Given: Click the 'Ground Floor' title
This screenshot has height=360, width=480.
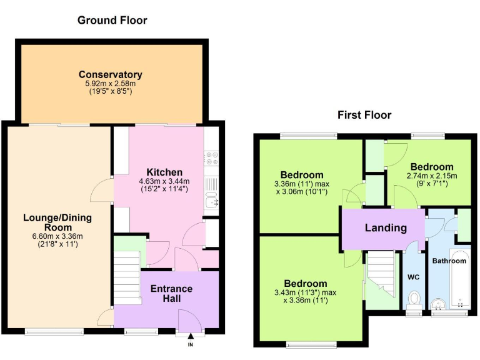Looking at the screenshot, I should [112, 20].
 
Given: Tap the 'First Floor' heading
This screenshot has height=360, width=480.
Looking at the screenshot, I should [364, 114].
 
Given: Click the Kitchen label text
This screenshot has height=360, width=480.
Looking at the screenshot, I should [164, 172].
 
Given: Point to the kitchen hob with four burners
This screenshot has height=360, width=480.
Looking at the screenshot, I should [211, 159].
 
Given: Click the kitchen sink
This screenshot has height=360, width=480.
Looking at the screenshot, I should [212, 200].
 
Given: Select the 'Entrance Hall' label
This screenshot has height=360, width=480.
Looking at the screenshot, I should [172, 294].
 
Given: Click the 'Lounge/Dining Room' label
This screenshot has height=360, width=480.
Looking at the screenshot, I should [57, 222].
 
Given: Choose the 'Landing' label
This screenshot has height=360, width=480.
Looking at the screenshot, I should [386, 227].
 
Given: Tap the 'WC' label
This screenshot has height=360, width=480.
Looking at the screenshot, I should [412, 276].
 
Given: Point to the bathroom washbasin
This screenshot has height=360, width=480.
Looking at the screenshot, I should [440, 304].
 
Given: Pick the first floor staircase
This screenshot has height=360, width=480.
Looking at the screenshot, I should [381, 275].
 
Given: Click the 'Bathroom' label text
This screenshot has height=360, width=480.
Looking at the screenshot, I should [449, 261].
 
